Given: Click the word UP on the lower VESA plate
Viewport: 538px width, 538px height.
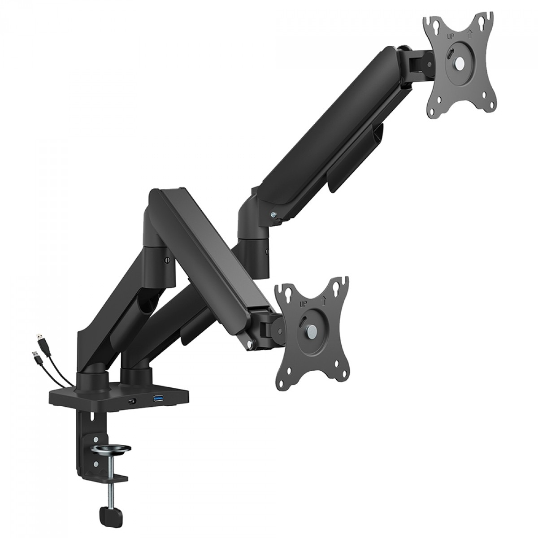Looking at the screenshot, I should coord(303,303).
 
